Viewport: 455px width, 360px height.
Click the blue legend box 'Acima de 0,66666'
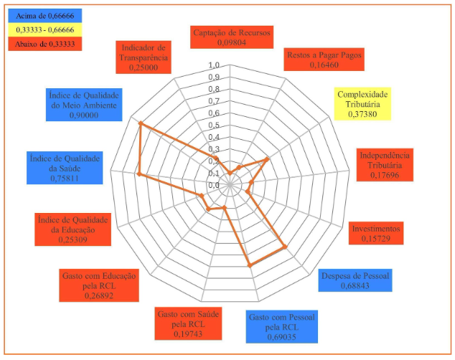[x=43, y=14]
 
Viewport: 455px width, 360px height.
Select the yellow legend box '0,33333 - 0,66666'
[x=43, y=29]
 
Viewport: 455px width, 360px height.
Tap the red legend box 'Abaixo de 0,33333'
[x=43, y=44]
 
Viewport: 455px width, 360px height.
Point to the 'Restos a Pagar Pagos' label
[x=324, y=60]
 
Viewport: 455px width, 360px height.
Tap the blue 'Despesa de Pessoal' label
[x=355, y=280]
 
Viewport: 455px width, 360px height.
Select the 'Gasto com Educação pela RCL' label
[x=100, y=285]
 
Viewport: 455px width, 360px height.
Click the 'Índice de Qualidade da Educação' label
[x=73, y=229]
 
